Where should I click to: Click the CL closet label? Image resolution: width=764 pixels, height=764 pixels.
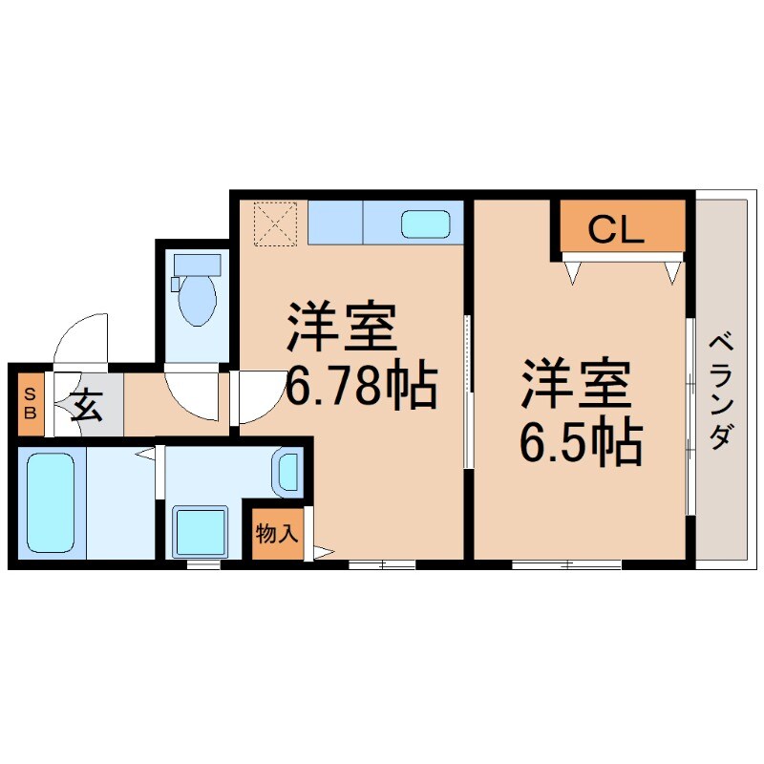tap(615, 230)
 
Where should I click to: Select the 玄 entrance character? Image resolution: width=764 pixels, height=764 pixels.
tap(87, 405)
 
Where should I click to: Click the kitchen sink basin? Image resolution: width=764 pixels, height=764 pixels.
tap(426, 224)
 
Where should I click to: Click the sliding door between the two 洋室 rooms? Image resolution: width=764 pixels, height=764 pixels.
tap(468, 392)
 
